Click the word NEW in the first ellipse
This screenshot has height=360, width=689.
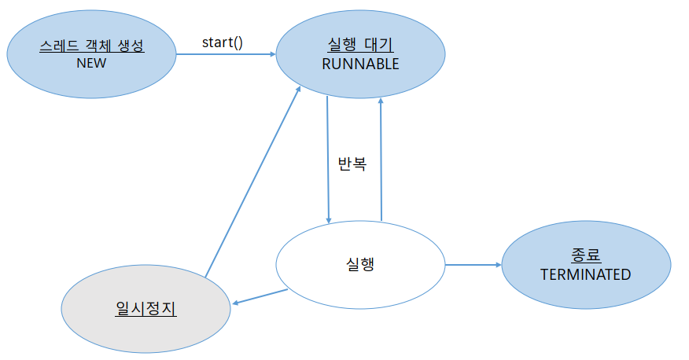pyautogui.click(x=91, y=63)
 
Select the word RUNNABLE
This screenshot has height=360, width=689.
pyautogui.click(x=360, y=64)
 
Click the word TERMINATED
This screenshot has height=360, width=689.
pyautogui.click(x=585, y=274)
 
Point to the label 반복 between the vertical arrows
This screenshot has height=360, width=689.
pyautogui.click(x=352, y=166)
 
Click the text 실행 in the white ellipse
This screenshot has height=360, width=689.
pyautogui.click(x=359, y=264)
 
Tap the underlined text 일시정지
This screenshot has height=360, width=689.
pyautogui.click(x=146, y=308)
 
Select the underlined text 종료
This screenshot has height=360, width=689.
pyautogui.click(x=585, y=255)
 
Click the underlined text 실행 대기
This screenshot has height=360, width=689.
pyautogui.click(x=360, y=46)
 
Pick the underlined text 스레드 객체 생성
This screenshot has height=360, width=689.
pyautogui.click(x=91, y=46)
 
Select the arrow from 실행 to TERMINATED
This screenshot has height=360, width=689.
pyautogui.click(x=473, y=265)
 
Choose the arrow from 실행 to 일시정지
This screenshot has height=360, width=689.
pyautogui.click(x=260, y=296)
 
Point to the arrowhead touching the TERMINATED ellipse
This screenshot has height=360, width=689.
pyautogui.click(x=498, y=265)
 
